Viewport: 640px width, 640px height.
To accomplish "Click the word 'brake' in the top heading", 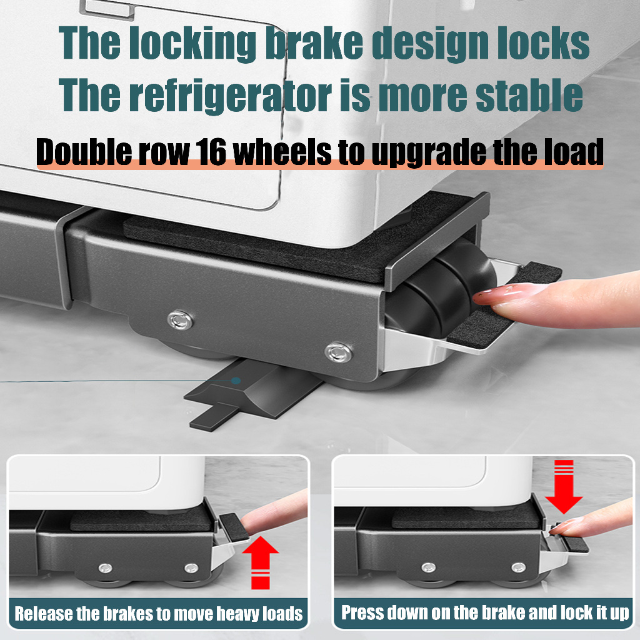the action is (x=315, y=42).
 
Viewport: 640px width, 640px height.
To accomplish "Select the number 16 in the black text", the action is (x=211, y=152).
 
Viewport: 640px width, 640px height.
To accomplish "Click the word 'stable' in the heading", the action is (x=529, y=95).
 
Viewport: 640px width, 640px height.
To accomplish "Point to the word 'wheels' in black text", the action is (x=282, y=152).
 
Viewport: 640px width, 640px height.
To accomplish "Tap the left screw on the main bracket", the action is (x=181, y=320).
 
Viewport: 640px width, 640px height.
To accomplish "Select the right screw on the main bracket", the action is (x=339, y=352).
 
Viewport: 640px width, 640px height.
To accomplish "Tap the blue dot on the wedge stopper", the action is (x=236, y=381).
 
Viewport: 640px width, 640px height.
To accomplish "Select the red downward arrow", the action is (x=564, y=486).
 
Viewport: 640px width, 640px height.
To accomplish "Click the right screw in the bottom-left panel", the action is (x=191, y=567).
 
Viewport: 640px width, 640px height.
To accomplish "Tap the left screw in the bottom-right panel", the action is (x=429, y=567).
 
